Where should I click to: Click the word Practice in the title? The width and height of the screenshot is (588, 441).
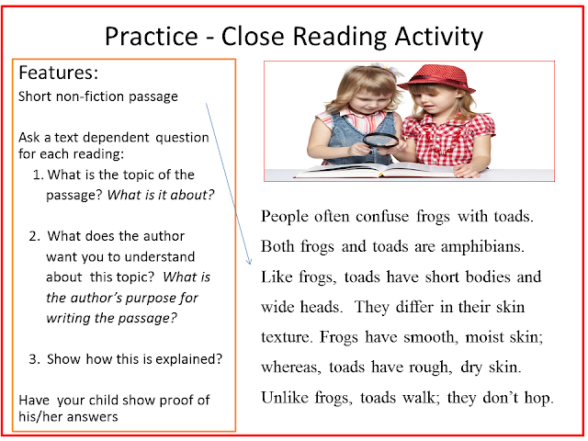[152, 37]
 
